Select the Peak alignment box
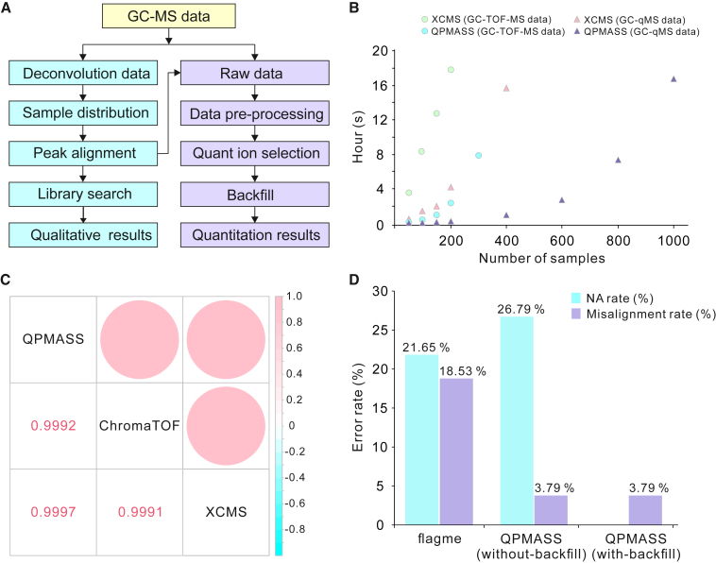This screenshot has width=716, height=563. pyautogui.click(x=84, y=152)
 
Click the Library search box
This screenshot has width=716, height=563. pyautogui.click(x=84, y=194)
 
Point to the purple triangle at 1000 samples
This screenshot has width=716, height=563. pyautogui.click(x=673, y=79)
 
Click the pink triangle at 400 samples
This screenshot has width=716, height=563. pyautogui.click(x=506, y=88)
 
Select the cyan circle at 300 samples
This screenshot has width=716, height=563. pyautogui.click(x=479, y=155)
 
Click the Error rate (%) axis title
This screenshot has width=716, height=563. pyautogui.click(x=359, y=407)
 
